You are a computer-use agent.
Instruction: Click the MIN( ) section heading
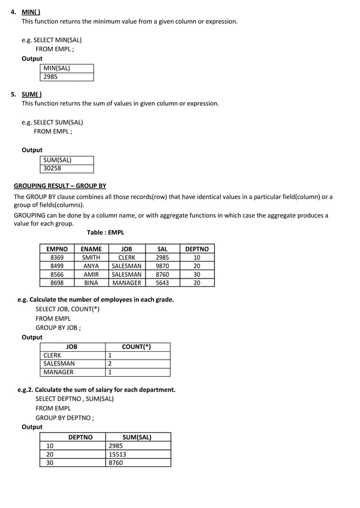tap(30, 12)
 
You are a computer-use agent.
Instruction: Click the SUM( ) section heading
tap(32, 94)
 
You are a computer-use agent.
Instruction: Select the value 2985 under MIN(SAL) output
tap(51, 77)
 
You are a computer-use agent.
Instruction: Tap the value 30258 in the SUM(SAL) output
tap(52, 168)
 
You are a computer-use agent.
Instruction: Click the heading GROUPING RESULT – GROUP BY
tap(60, 185)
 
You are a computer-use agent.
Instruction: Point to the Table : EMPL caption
tap(106, 232)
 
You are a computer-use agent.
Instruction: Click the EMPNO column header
tap(57, 249)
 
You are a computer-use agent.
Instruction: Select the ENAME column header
tap(91, 249)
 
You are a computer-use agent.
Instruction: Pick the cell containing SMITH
tap(91, 257)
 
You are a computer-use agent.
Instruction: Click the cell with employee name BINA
tap(91, 282)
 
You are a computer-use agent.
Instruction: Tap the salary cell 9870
tap(162, 266)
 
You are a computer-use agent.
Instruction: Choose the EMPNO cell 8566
tap(57, 274)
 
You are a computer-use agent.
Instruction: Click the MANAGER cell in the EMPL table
tap(127, 282)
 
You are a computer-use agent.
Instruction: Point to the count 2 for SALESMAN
tap(110, 364)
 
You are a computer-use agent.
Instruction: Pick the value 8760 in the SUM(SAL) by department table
tap(116, 462)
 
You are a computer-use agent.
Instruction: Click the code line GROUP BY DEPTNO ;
tap(65, 418)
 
